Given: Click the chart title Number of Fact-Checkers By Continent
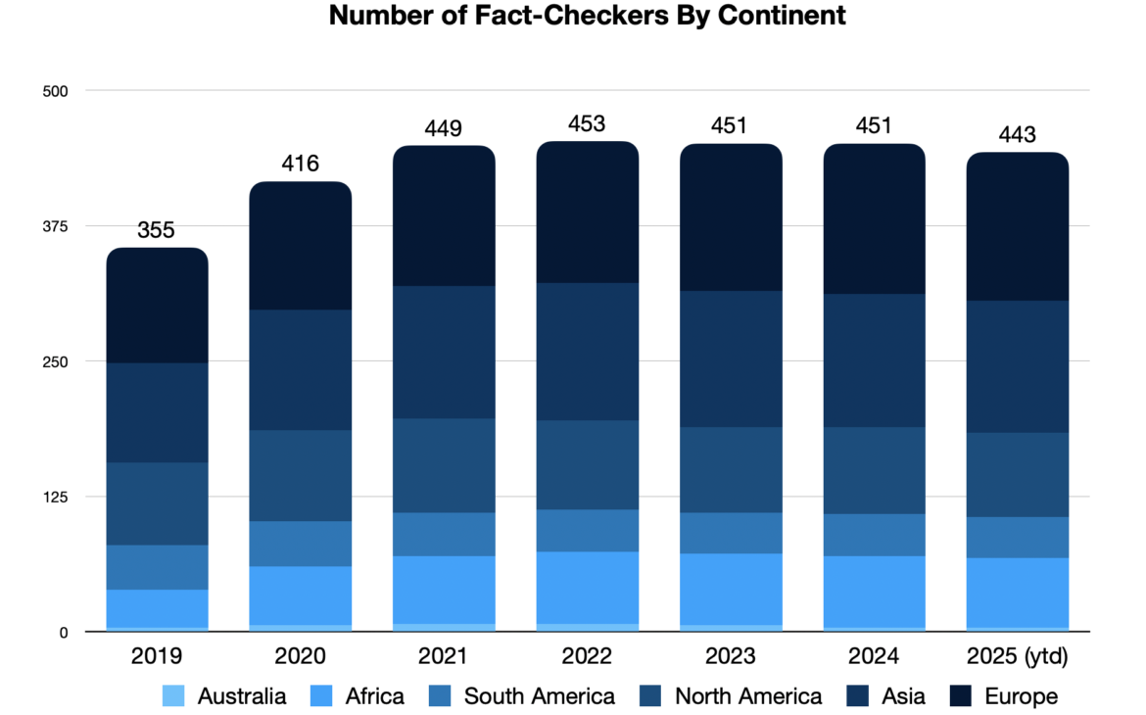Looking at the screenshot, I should click(587, 16).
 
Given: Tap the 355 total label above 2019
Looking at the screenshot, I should click(156, 230).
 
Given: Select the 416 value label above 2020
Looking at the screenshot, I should click(300, 164).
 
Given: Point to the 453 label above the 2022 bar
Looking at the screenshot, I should click(587, 124).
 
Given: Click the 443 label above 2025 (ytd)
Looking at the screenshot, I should click(1017, 135).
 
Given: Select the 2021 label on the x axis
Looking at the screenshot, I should click(443, 656).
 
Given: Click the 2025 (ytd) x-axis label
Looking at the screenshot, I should click(1017, 656).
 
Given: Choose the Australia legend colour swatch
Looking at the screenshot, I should click(174, 696).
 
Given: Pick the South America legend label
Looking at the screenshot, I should click(539, 696).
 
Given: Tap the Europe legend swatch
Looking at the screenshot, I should click(961, 696).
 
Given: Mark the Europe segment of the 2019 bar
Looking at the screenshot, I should click(157, 306).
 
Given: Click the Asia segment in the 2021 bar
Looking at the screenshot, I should click(444, 353).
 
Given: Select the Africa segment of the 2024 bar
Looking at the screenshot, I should click(874, 592).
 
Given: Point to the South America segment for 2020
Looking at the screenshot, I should click(300, 544).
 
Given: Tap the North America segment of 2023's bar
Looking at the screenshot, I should click(731, 470).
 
